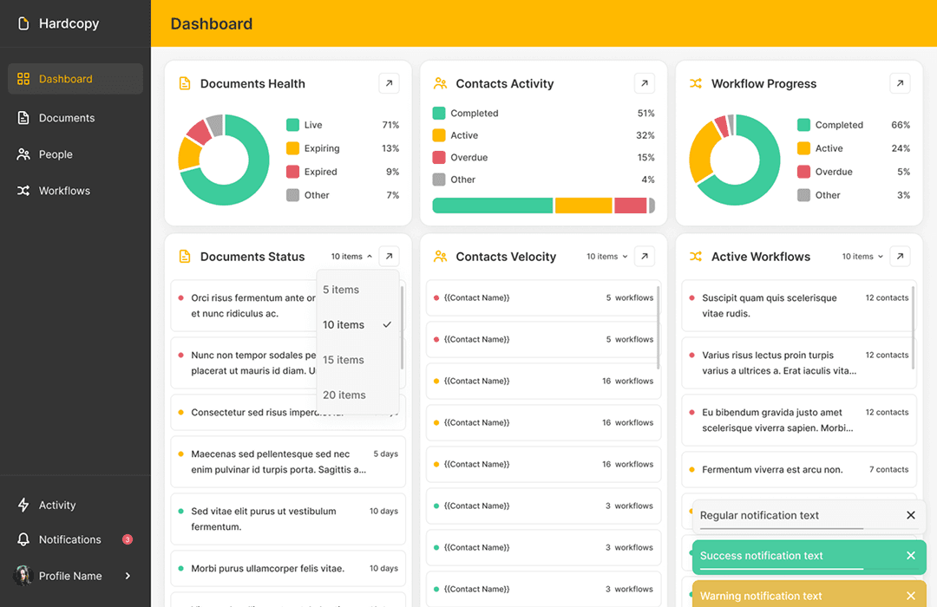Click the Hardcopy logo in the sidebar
(23, 23)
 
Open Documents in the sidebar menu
(66, 118)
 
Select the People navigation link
(56, 154)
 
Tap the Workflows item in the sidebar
(64, 191)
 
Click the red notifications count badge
(128, 539)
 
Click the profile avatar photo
(23, 576)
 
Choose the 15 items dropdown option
(344, 360)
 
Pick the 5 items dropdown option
(341, 290)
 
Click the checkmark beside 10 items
(387, 324)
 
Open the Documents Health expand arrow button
(389, 83)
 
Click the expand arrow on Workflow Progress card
(900, 83)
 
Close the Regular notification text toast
(911, 515)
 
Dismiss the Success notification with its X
(911, 556)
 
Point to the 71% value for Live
(390, 125)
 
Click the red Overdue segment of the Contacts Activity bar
(631, 206)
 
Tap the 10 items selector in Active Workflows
(862, 257)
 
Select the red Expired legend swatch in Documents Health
(293, 172)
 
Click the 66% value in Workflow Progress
(901, 125)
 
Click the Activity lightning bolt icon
(23, 505)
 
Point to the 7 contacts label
(888, 469)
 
